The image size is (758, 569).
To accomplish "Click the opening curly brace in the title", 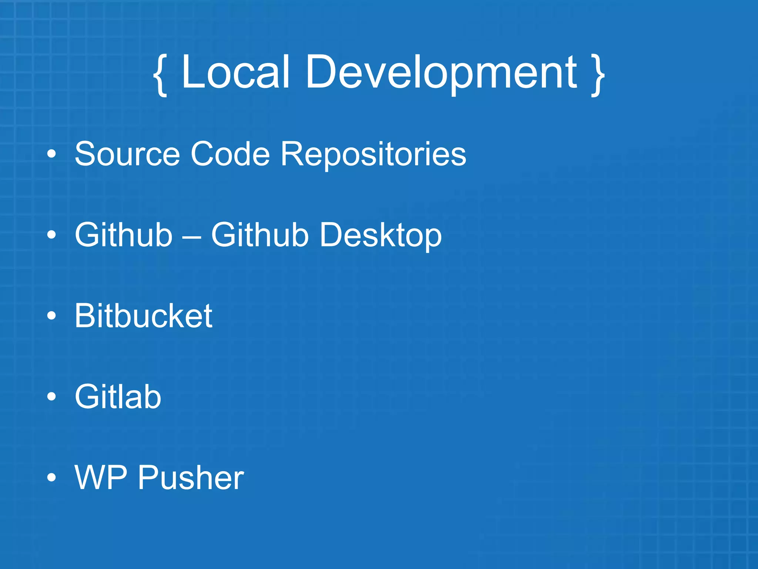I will (160, 74).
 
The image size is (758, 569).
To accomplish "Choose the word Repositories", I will (373, 155).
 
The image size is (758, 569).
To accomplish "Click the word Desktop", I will (381, 236).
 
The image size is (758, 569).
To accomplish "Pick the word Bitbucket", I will (143, 316).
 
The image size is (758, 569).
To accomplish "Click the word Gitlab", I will (118, 396).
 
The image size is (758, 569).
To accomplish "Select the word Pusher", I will (191, 478).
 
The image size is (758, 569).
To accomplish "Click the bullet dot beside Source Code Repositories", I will (52, 154).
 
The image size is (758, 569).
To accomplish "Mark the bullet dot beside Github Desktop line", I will (52, 235).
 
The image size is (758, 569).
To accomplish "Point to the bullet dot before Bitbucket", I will (52, 316).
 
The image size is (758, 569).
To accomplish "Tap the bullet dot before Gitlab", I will (52, 397).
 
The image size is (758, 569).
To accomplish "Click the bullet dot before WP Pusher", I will (52, 478).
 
